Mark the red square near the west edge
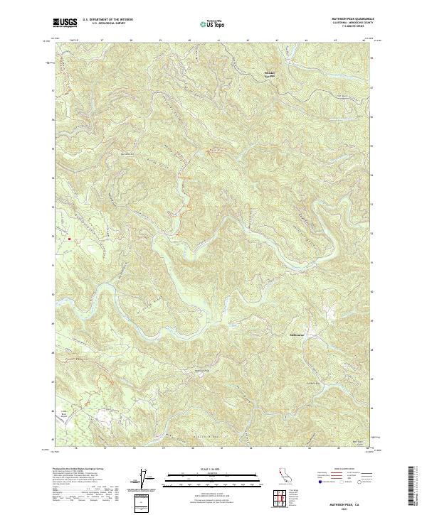tap(69, 239)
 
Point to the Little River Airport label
tap(64, 413)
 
